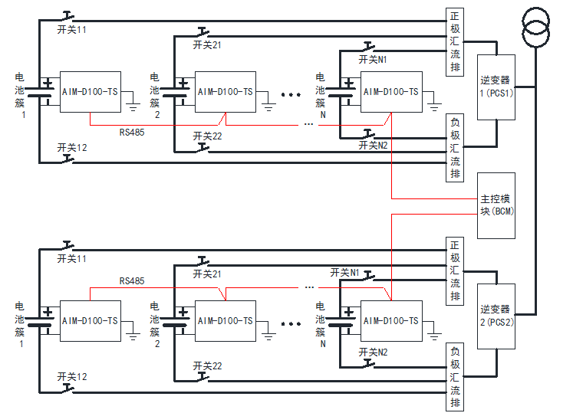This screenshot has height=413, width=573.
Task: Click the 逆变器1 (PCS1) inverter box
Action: pos(496,87)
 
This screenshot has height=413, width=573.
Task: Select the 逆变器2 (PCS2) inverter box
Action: pos(496,315)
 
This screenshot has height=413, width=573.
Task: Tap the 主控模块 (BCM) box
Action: pos(496,205)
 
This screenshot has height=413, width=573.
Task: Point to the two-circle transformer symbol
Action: pos(535,25)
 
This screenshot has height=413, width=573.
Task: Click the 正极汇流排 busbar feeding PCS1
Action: pos(455,42)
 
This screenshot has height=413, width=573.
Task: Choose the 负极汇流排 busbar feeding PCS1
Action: pos(455,147)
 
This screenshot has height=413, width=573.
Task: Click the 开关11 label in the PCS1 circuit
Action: pos(72,29)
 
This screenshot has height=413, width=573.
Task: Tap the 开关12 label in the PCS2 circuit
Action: pos(72,376)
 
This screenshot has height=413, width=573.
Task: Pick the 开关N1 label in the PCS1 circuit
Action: pos(373,59)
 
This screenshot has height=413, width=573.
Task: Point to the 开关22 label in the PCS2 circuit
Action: pos(208,365)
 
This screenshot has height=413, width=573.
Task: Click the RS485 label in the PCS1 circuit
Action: pos(132,132)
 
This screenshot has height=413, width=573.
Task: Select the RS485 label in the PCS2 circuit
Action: pos(132,281)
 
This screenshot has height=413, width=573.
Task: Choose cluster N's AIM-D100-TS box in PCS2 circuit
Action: pos(391,320)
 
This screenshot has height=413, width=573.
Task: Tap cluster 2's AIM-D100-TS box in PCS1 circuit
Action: pos(225,93)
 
